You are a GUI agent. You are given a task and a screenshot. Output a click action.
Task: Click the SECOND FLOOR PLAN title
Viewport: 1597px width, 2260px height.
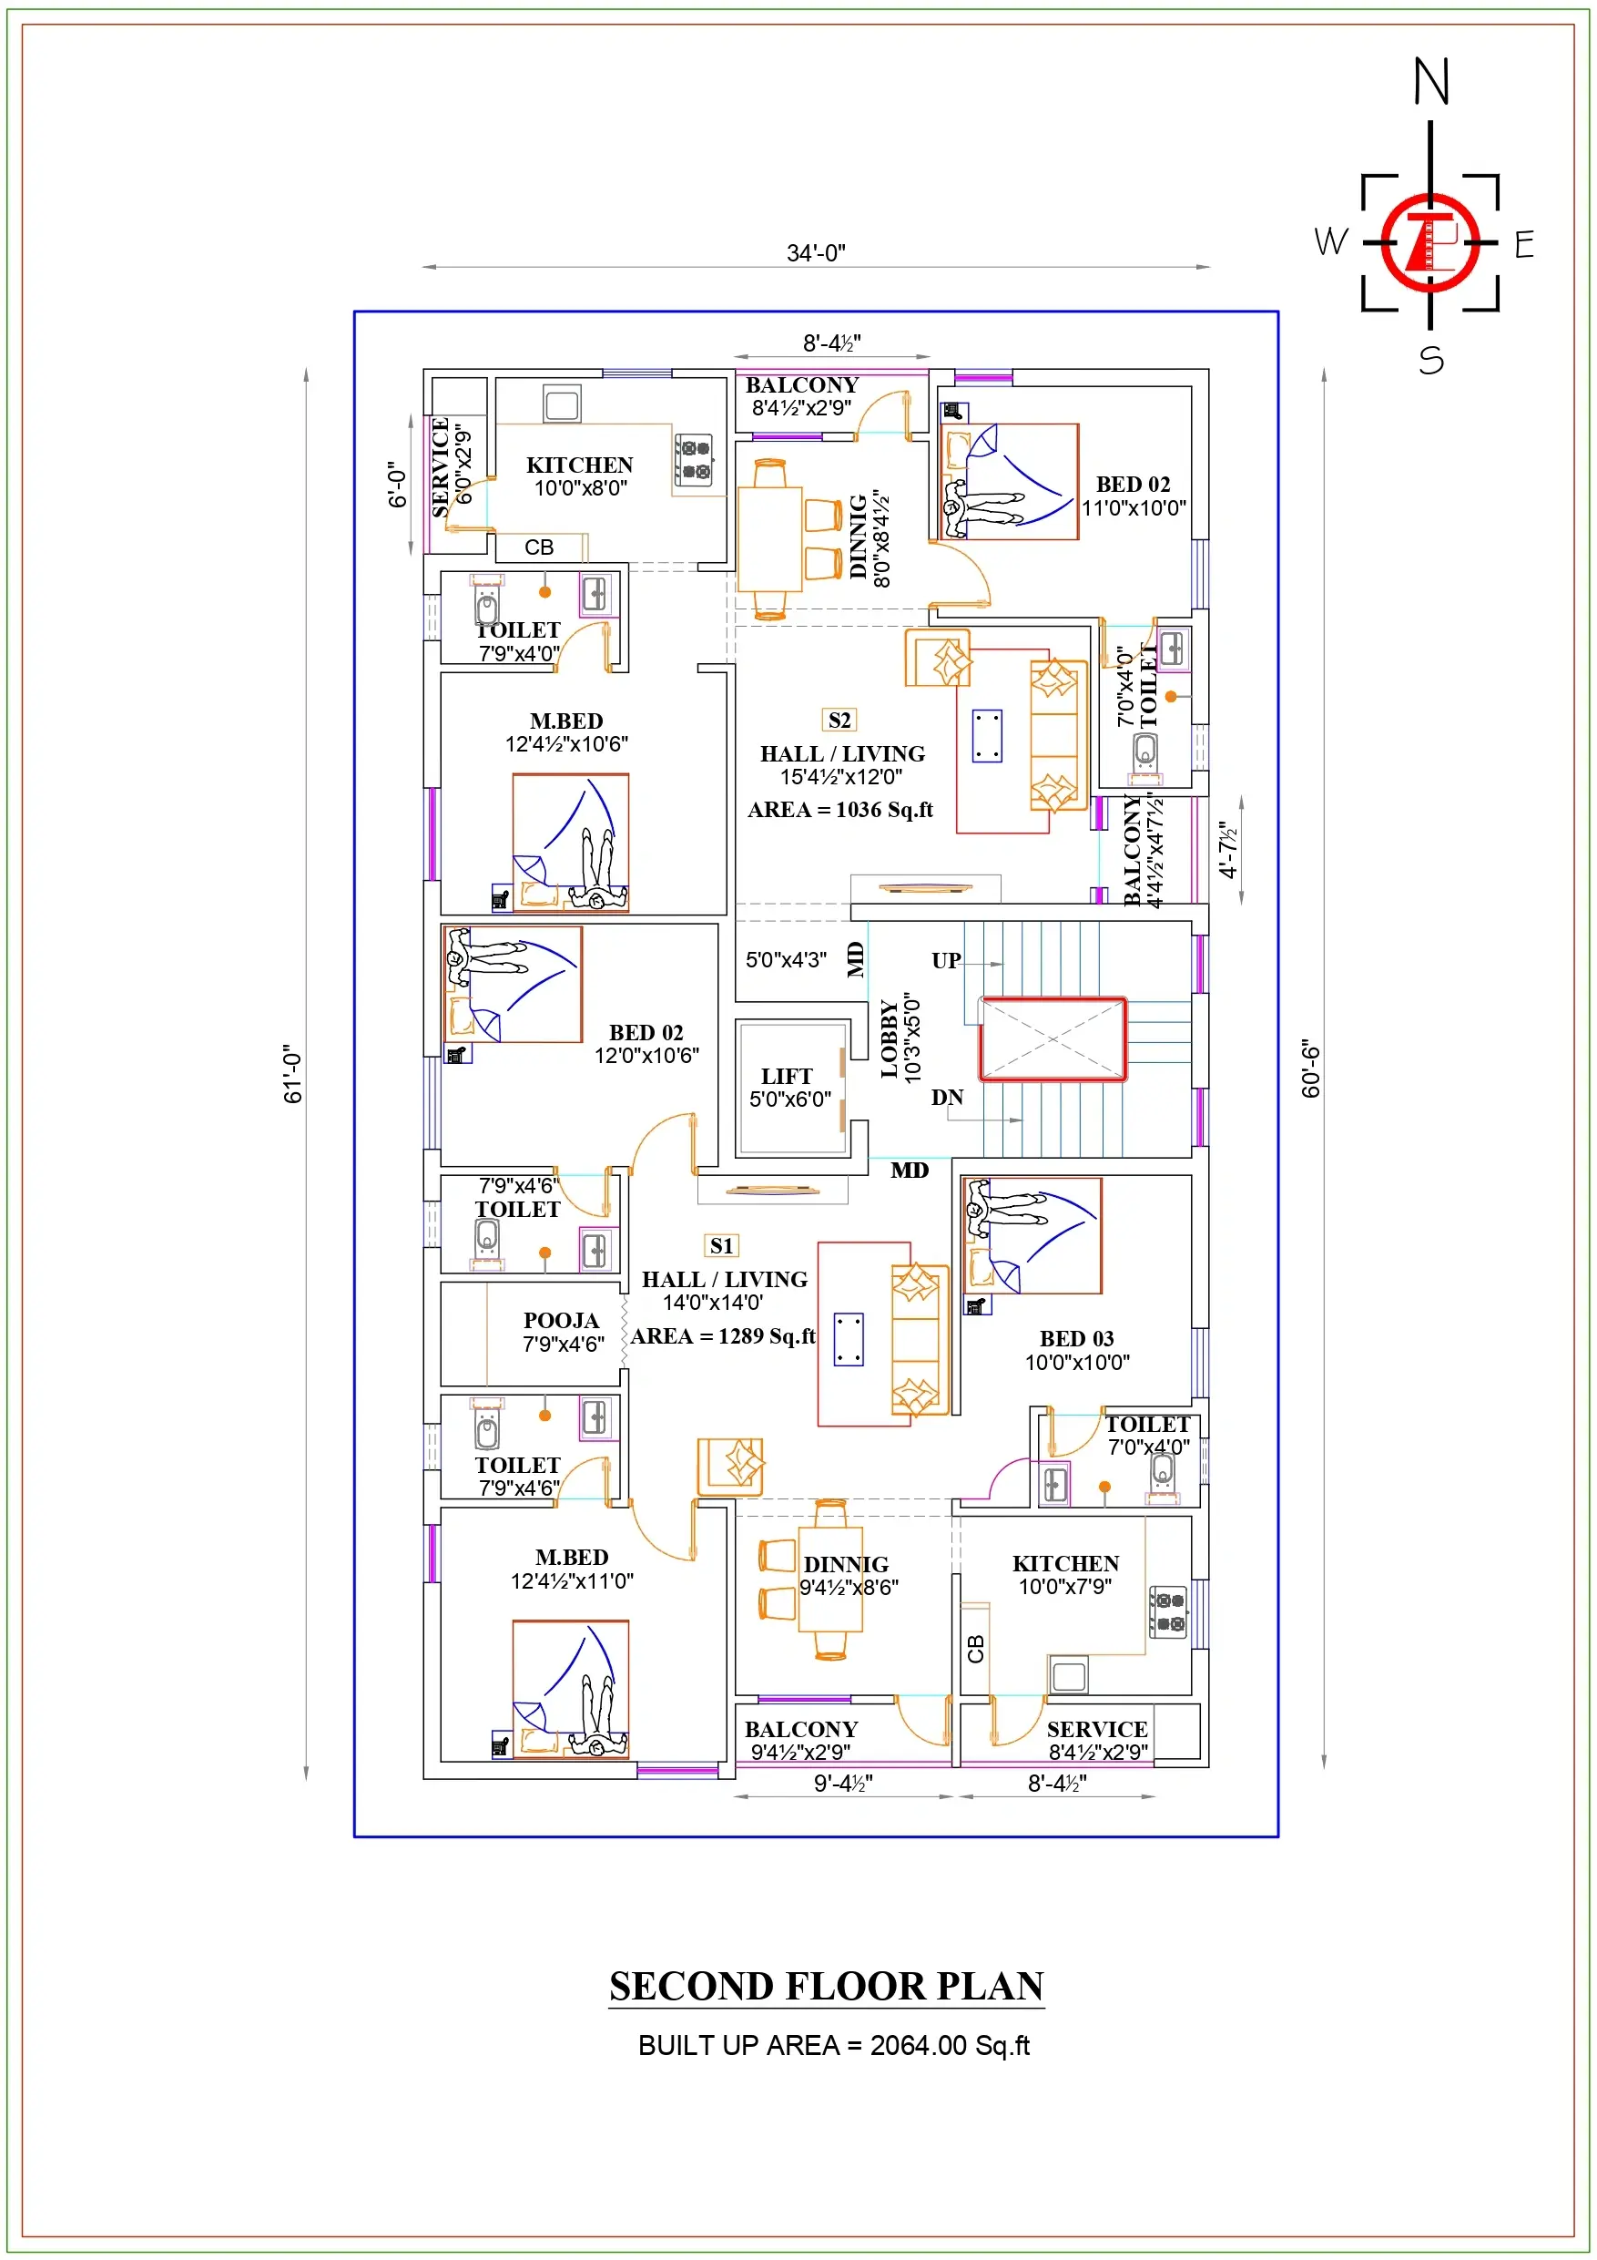pos(826,1986)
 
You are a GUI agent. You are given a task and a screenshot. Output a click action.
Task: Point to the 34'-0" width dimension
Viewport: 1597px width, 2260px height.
pos(815,253)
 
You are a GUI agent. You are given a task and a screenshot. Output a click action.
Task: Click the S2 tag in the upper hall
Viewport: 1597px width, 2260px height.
pos(839,720)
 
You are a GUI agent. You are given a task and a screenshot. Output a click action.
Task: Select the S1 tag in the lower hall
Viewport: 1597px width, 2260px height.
pos(721,1245)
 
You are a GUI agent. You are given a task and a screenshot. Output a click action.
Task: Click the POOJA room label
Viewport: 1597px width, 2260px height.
pos(560,1320)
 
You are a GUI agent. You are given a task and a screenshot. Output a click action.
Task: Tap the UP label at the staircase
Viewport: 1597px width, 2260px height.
pos(946,960)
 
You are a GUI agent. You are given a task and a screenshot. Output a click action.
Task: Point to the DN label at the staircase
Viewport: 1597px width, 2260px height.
pos(947,1097)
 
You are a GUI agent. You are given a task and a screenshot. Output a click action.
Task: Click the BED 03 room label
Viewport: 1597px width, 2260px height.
pos(1076,1339)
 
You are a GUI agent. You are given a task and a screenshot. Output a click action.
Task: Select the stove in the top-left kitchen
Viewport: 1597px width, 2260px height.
pos(695,460)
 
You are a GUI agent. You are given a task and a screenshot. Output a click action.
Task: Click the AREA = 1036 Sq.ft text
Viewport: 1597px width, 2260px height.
pos(839,809)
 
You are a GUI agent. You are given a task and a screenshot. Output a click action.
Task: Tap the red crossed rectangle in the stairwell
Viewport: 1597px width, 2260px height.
pos(1052,1038)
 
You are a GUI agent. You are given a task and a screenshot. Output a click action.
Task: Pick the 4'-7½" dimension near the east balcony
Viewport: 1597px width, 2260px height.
pos(1227,850)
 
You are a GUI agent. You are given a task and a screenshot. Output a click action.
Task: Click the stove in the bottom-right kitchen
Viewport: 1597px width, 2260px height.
pos(1169,1611)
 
